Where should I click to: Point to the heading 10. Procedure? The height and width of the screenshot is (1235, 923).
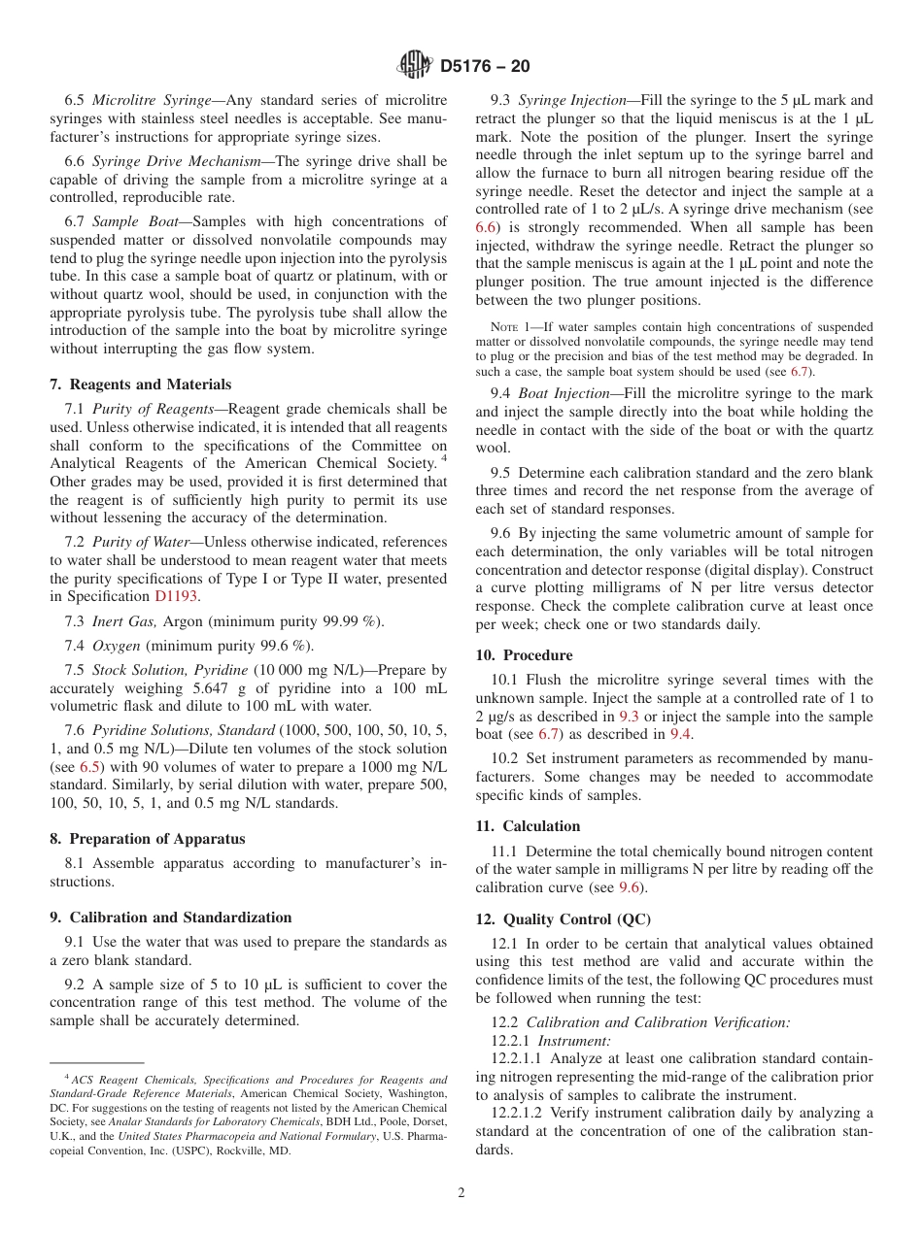(x=524, y=655)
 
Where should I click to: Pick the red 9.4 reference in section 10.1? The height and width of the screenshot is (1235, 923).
(x=680, y=734)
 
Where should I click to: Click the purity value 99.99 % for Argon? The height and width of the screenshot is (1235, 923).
(x=351, y=621)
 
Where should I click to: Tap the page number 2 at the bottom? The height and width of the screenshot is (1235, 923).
(x=461, y=1193)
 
